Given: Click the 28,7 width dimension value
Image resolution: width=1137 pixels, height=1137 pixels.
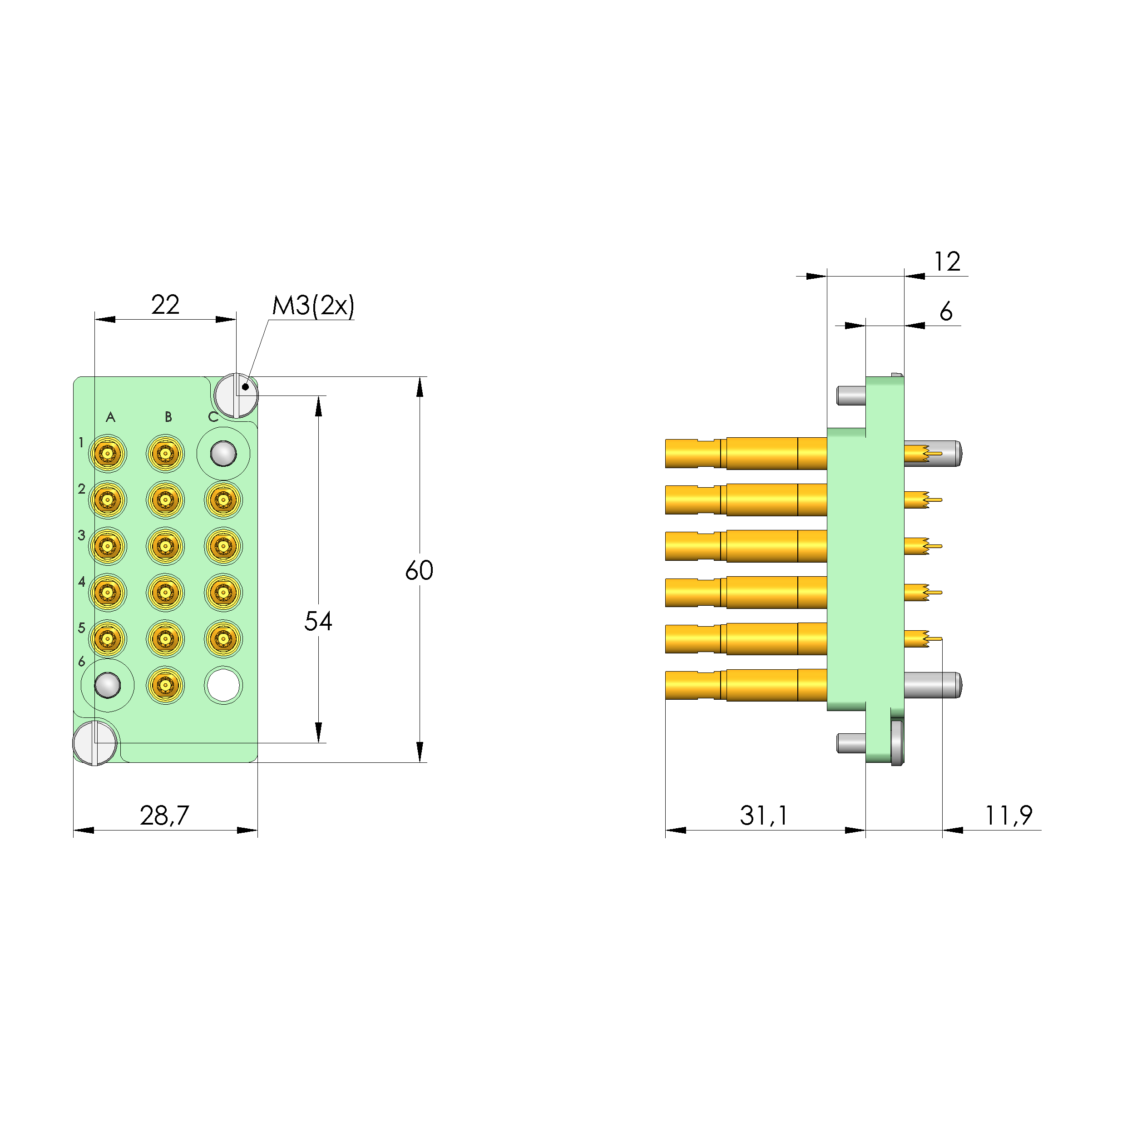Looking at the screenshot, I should click(164, 815).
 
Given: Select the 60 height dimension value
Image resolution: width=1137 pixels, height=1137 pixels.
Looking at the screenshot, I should click(419, 570).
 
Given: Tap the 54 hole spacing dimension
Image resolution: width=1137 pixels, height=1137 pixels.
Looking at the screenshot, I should click(318, 621).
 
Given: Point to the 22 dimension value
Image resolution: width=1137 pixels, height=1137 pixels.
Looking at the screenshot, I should click(165, 305).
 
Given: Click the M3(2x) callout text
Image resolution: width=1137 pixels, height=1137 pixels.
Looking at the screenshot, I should click(313, 306).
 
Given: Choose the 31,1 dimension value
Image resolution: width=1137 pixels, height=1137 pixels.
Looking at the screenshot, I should click(763, 815).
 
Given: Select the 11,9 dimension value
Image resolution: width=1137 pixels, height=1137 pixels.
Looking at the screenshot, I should click(1008, 815).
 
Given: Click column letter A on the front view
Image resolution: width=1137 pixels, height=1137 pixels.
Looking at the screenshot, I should click(110, 417).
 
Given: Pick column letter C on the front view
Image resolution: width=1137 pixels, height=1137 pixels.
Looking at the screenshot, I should click(213, 417).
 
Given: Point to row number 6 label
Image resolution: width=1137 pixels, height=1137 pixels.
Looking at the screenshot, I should click(82, 662).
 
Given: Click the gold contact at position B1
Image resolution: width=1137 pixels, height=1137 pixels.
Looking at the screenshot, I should click(165, 454).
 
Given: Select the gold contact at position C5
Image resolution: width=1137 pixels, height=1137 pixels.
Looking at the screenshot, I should click(223, 638).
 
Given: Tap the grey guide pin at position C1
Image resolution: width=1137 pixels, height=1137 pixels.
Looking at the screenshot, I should click(223, 454).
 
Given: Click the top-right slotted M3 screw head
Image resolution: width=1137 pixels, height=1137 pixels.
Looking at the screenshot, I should click(236, 395).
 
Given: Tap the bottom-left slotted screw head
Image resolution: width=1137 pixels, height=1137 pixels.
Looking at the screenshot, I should click(95, 743).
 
